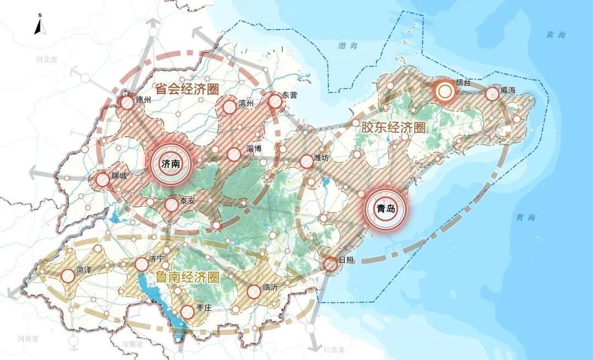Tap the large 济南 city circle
(x=171, y=163)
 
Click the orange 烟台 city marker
(x=444, y=92)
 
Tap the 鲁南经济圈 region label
(x=187, y=278)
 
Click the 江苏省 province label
(x=333, y=350)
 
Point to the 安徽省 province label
(x=132, y=344)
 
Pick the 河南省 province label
(x=27, y=339)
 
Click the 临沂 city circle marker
(x=254, y=292)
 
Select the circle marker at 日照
(x=331, y=265)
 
